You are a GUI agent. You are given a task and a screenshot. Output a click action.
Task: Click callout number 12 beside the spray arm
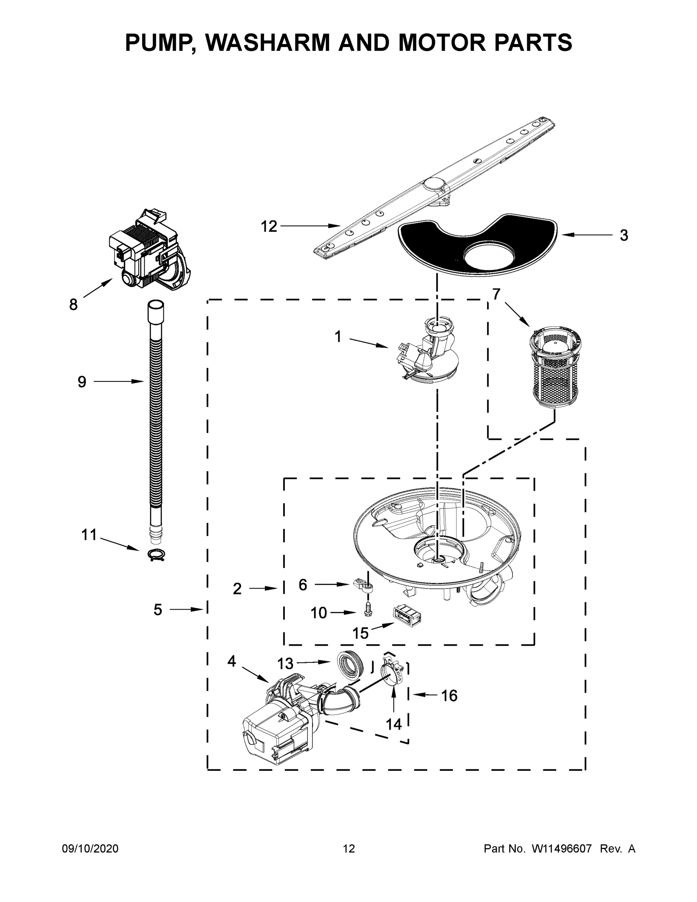269,226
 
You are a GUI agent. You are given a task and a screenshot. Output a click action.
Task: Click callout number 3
624,235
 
